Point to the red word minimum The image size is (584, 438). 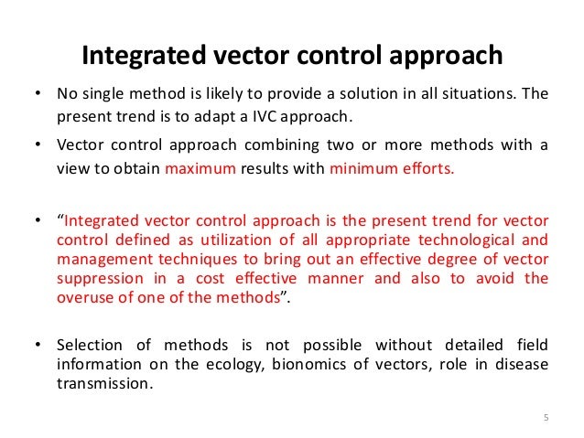tap(363, 168)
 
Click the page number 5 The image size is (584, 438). tap(546, 419)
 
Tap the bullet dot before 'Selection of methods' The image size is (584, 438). tap(37, 346)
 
